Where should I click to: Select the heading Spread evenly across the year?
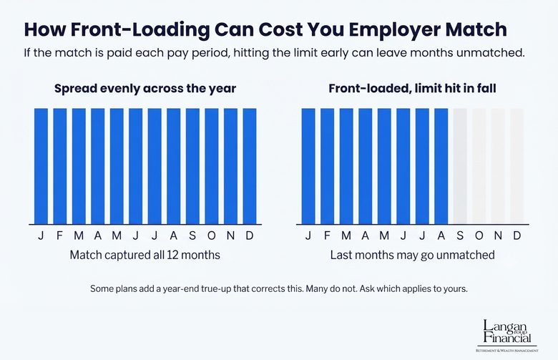point(145,89)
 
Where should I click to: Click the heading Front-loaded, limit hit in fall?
point(412,89)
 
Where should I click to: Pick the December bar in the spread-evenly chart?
point(250,166)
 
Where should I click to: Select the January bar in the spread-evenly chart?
point(41,166)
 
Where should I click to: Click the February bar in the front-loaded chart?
point(327,166)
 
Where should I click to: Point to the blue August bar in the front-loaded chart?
point(441,166)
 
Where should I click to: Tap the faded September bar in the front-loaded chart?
point(460,166)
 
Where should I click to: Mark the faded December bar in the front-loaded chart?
point(517,166)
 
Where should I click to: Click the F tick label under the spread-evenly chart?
point(60,235)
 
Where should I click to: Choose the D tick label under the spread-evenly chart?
point(250,235)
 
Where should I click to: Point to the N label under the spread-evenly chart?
point(230,235)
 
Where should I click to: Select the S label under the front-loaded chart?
point(460,235)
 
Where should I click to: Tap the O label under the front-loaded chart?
point(479,235)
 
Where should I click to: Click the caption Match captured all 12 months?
point(145,255)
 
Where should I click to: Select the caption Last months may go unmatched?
point(413,256)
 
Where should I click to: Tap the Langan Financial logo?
point(507,336)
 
